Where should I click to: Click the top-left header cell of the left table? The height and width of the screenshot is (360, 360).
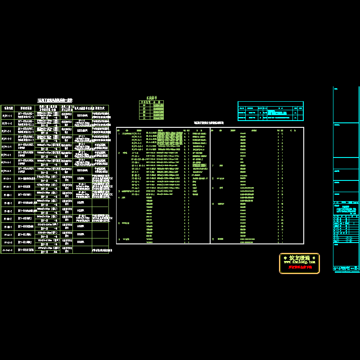click(x=8, y=108)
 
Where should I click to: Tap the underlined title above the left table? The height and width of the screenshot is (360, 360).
click(x=54, y=100)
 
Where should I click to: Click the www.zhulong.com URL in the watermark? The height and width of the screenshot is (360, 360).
click(x=299, y=261)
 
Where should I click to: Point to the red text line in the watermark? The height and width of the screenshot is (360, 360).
click(x=299, y=267)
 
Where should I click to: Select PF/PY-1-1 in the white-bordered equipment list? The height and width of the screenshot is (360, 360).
click(x=136, y=134)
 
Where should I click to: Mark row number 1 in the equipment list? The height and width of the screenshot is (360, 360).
click(x=119, y=134)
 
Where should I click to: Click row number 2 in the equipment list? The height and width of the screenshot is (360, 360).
click(x=119, y=153)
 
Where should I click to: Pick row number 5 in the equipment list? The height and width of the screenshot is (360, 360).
click(x=119, y=223)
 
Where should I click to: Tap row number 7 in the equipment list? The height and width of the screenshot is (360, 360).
click(x=213, y=166)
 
